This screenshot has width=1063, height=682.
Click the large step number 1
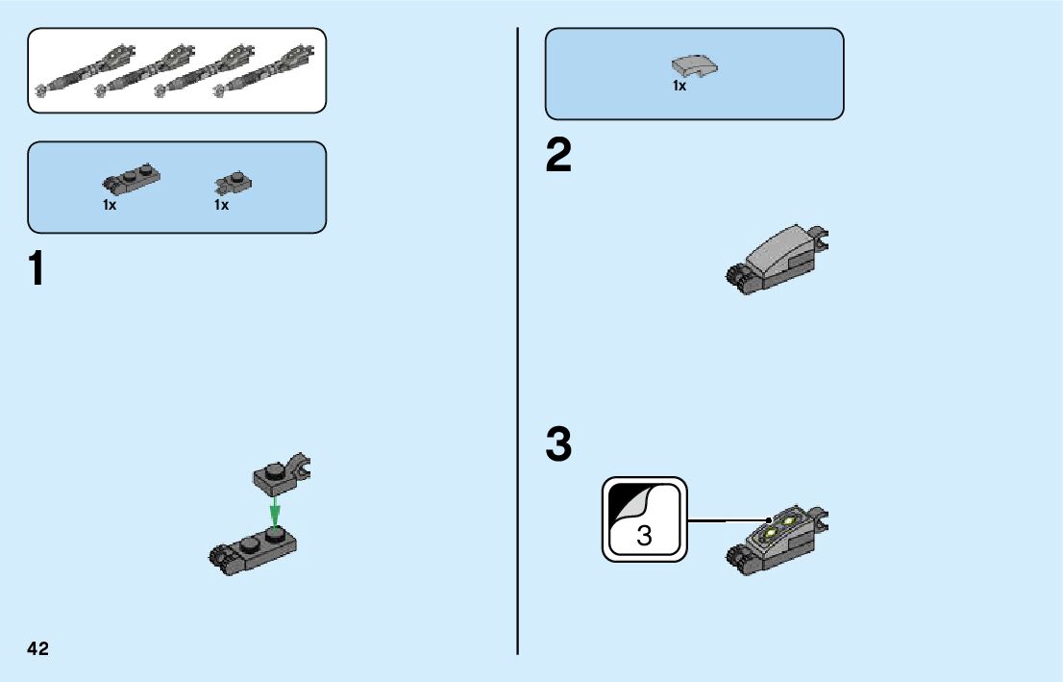(x=37, y=270)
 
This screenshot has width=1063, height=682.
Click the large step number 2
(x=558, y=157)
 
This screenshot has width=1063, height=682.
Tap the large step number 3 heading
(x=558, y=445)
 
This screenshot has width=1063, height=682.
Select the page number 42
(x=38, y=649)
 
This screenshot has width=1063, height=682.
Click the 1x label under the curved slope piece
(x=680, y=87)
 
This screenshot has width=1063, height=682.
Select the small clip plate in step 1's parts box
(x=233, y=182)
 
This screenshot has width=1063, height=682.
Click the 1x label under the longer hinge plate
(x=110, y=205)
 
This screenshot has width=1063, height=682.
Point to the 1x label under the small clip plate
(x=221, y=205)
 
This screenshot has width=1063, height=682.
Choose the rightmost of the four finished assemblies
(x=269, y=70)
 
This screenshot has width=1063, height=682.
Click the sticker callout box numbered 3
(x=645, y=519)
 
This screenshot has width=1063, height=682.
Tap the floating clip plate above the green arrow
(x=284, y=472)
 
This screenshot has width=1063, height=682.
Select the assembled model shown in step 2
(x=778, y=257)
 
